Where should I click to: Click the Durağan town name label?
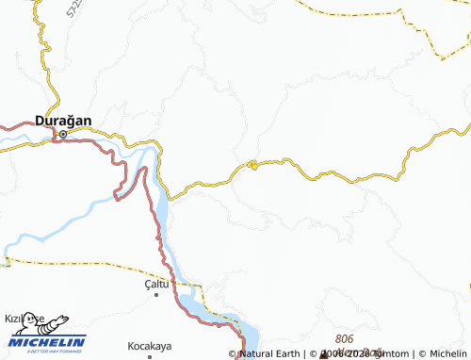coord(63,120)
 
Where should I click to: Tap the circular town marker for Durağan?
coord(63,134)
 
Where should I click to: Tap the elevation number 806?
coord(345,337)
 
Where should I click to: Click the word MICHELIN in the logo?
coord(49,341)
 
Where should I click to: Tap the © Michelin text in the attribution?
coord(444,354)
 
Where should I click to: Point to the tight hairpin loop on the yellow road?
coord(252,167)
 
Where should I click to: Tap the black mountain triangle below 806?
coord(324,355)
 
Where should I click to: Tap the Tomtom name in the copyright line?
coord(382,354)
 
